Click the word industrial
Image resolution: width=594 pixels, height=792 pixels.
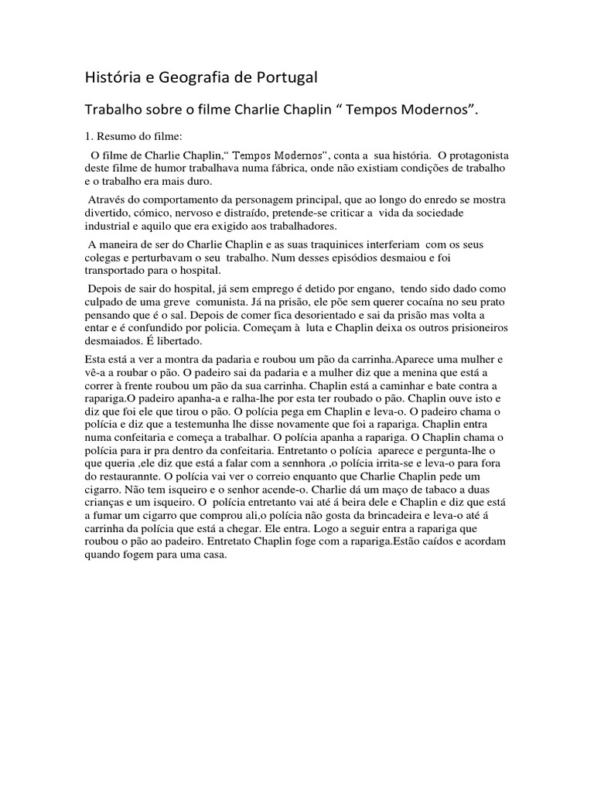tap(106, 227)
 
